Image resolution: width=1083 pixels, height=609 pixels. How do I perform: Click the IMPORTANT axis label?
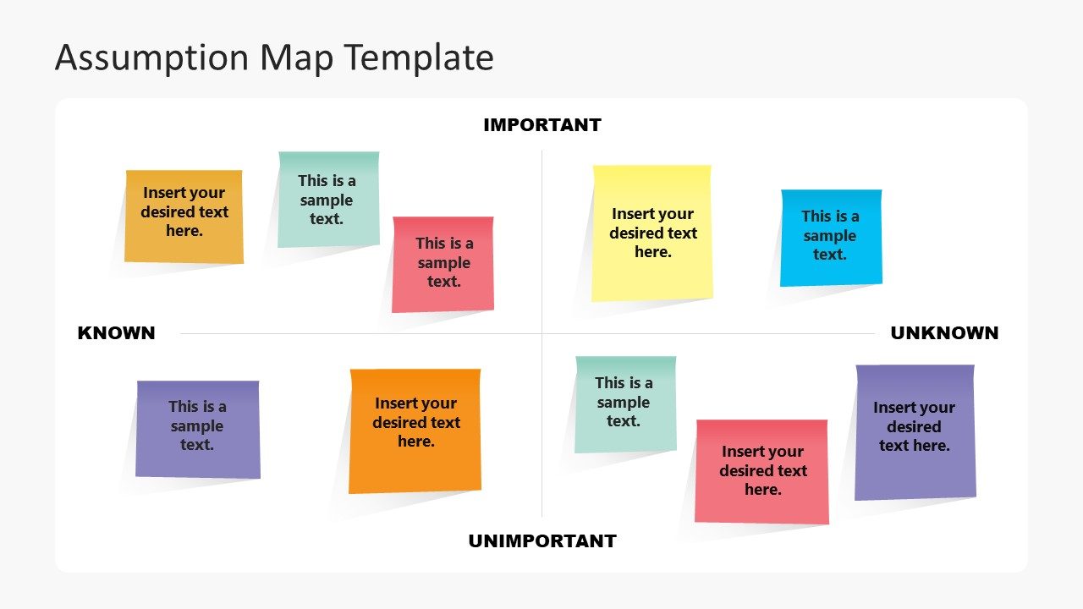541,125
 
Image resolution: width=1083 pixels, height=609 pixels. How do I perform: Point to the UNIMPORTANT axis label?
541,541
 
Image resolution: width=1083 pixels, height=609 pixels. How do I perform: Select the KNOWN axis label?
116,333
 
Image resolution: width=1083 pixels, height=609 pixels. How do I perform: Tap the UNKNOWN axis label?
944,333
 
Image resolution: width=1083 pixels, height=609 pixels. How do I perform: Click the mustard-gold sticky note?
184,217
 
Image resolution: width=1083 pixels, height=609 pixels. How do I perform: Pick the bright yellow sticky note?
651,233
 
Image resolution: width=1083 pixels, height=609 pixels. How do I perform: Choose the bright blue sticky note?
831,237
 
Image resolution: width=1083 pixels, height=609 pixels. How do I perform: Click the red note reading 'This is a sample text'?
443,264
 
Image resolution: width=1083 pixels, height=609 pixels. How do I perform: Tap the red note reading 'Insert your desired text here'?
761,471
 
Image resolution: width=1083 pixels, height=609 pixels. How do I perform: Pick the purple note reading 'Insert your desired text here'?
915,431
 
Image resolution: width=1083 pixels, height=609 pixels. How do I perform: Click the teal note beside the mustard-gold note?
327,200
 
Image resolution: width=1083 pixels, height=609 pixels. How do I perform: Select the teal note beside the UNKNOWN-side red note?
625,403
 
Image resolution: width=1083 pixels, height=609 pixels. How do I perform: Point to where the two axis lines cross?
541,333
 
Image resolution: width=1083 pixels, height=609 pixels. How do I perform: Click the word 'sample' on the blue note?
830,236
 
